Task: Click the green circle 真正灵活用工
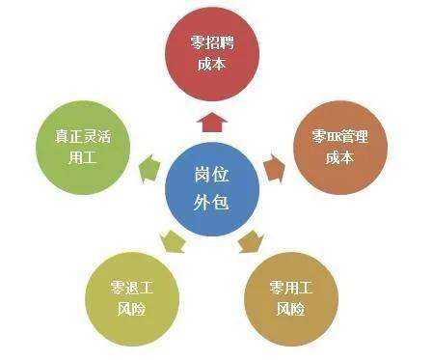pyautogui.click(x=84, y=148)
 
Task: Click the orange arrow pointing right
pyautogui.click(x=275, y=166)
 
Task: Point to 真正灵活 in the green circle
pyautogui.click(x=84, y=137)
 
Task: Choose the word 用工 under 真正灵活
pyautogui.click(x=84, y=159)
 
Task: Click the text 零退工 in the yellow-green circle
pyautogui.click(x=134, y=288)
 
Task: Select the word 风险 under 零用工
pyautogui.click(x=290, y=310)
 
